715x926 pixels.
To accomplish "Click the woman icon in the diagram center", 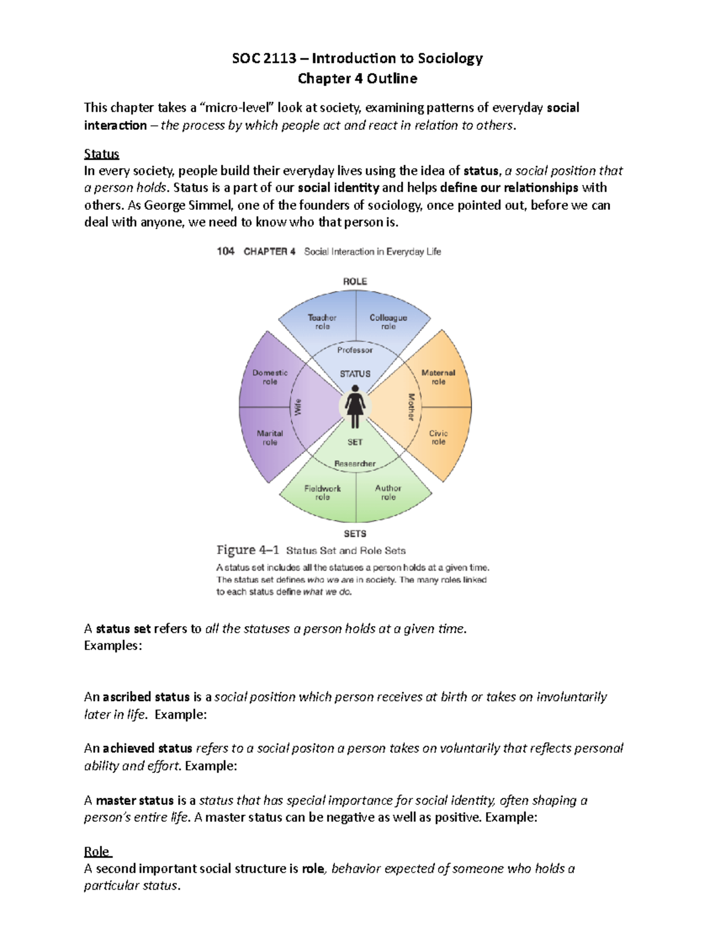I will click(x=355, y=406).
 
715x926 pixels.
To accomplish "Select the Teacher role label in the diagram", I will click(x=322, y=322).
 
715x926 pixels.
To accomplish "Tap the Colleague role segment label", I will click(x=388, y=322).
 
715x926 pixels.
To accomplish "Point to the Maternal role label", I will click(x=438, y=377).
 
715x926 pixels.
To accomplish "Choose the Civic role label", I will click(x=438, y=438).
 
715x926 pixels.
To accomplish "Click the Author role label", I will click(x=388, y=493).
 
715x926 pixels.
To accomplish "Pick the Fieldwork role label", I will click(x=322, y=493).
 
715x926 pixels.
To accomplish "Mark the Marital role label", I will click(x=270, y=438).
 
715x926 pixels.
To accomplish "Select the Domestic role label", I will click(x=270, y=377).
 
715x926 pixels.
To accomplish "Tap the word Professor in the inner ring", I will click(x=355, y=350).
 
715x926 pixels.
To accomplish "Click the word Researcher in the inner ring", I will click(x=355, y=463).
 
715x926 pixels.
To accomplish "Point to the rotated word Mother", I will click(x=411, y=407).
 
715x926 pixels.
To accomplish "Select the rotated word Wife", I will click(x=298, y=407).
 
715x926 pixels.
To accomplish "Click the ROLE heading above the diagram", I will click(x=355, y=281).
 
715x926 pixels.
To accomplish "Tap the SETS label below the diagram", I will click(x=355, y=534).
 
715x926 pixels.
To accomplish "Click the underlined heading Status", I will click(x=101, y=154).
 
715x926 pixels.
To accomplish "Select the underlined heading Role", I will click(x=97, y=851).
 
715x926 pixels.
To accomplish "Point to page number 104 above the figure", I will click(x=225, y=252).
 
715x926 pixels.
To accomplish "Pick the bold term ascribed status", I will click(x=146, y=697).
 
